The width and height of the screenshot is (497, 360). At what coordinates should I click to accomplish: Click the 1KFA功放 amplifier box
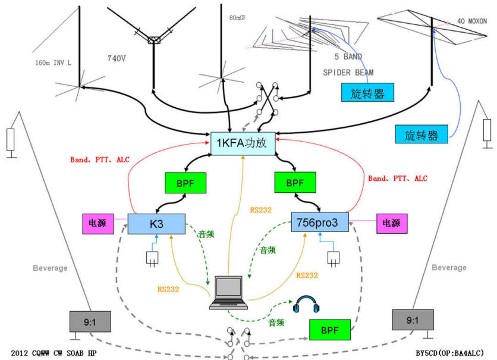pos(243,143)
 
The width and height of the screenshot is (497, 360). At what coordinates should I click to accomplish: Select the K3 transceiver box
pos(156,224)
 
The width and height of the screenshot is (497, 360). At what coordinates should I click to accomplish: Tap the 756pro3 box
pos(320,222)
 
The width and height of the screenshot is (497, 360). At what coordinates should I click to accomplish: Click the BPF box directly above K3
pos(185,183)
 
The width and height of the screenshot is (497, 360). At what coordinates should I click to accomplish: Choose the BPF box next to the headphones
pos(329,330)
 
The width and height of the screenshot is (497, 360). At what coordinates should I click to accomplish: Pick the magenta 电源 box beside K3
pos(98,224)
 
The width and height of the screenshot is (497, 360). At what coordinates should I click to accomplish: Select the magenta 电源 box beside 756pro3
pos(392,223)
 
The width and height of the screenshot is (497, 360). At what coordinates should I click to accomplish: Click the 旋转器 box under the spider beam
pos(367,93)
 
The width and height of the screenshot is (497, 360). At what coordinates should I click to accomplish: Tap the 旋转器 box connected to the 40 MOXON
pos(421,134)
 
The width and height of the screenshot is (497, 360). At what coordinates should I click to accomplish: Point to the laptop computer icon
pos(228,292)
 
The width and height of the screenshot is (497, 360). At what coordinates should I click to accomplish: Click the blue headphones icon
pos(306,304)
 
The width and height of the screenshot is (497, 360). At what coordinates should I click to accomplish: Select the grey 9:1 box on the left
pos(90,322)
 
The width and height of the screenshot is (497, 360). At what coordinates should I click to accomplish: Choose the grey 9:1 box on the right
pos(413,320)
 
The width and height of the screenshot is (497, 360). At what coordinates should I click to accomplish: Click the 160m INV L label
pos(54,63)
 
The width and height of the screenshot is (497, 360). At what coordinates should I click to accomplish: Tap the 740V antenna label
pos(117,58)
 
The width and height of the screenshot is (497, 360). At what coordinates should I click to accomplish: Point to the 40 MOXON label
pos(471,21)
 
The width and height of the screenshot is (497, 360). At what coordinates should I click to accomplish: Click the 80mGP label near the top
pos(237,18)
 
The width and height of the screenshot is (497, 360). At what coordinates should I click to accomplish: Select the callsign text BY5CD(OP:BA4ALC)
pos(450,353)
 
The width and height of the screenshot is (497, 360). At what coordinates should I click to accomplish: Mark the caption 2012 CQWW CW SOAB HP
pos(54,353)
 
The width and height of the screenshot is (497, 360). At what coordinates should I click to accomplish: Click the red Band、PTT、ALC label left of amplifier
pos(100,159)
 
